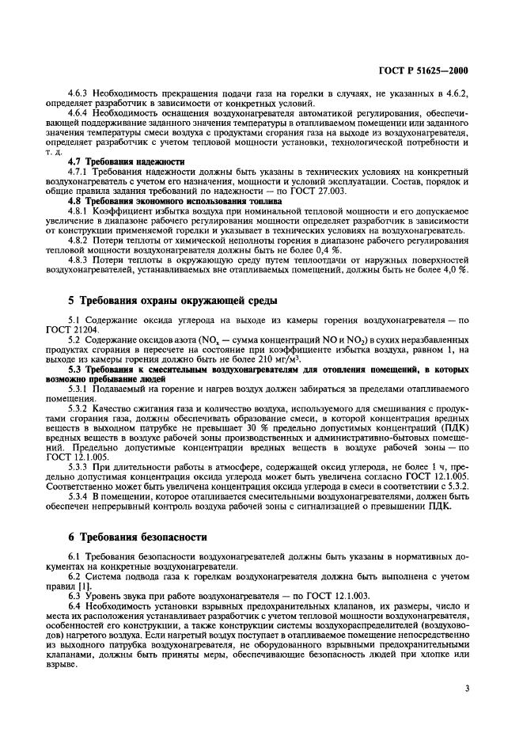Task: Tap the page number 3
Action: point(468,689)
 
